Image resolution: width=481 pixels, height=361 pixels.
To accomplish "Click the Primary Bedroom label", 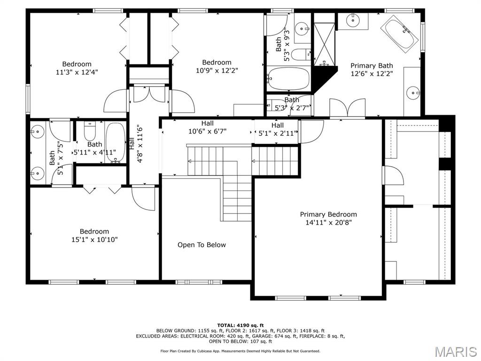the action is (x=328, y=214).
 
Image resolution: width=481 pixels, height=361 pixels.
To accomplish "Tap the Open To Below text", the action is (x=202, y=244).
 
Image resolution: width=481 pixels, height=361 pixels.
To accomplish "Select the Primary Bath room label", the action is (x=372, y=66).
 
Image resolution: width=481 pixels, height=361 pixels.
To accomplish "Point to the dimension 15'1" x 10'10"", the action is (x=94, y=239).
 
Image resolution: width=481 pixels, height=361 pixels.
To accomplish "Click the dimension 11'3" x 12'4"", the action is (x=77, y=72).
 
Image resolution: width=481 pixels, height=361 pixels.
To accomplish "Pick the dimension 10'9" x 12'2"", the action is (x=217, y=71).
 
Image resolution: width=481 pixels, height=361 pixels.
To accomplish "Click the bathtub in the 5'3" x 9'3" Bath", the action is (x=288, y=78).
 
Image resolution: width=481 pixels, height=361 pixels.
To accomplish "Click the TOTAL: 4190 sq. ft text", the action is (x=240, y=325).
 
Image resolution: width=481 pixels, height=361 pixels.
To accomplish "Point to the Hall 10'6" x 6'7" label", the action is (x=207, y=127).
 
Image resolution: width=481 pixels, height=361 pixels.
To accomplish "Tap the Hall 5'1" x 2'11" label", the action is (x=278, y=129).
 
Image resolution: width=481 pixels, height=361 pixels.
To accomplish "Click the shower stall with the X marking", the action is (x=324, y=44).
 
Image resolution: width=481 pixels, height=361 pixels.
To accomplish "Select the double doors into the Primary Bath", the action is (x=347, y=108).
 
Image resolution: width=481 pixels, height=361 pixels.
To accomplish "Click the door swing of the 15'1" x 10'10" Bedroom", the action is (x=144, y=198).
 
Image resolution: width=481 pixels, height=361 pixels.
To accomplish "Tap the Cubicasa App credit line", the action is (x=240, y=351).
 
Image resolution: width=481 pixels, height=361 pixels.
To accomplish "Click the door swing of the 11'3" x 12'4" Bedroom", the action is (x=116, y=101).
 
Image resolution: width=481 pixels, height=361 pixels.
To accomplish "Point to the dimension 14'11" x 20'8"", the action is (x=328, y=222).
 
